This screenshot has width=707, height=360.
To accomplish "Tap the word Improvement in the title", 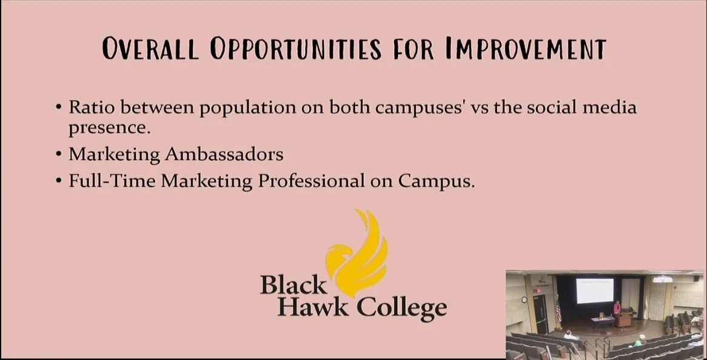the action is pos(525,48).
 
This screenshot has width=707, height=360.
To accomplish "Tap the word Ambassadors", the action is pos(224,155).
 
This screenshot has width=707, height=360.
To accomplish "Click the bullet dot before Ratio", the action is pos(59,108).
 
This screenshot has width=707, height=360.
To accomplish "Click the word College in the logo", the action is pos(402,309).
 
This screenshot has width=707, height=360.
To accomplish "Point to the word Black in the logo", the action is pos(293,285).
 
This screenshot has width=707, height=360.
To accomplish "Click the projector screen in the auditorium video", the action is pos(595,291).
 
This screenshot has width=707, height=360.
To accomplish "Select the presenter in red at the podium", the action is pos(617,308).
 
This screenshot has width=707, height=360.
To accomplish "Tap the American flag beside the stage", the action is pos(558,311).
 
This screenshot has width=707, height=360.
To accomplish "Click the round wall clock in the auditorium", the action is pos(524,299).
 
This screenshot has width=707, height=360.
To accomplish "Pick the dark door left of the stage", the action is pos(540,313).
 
